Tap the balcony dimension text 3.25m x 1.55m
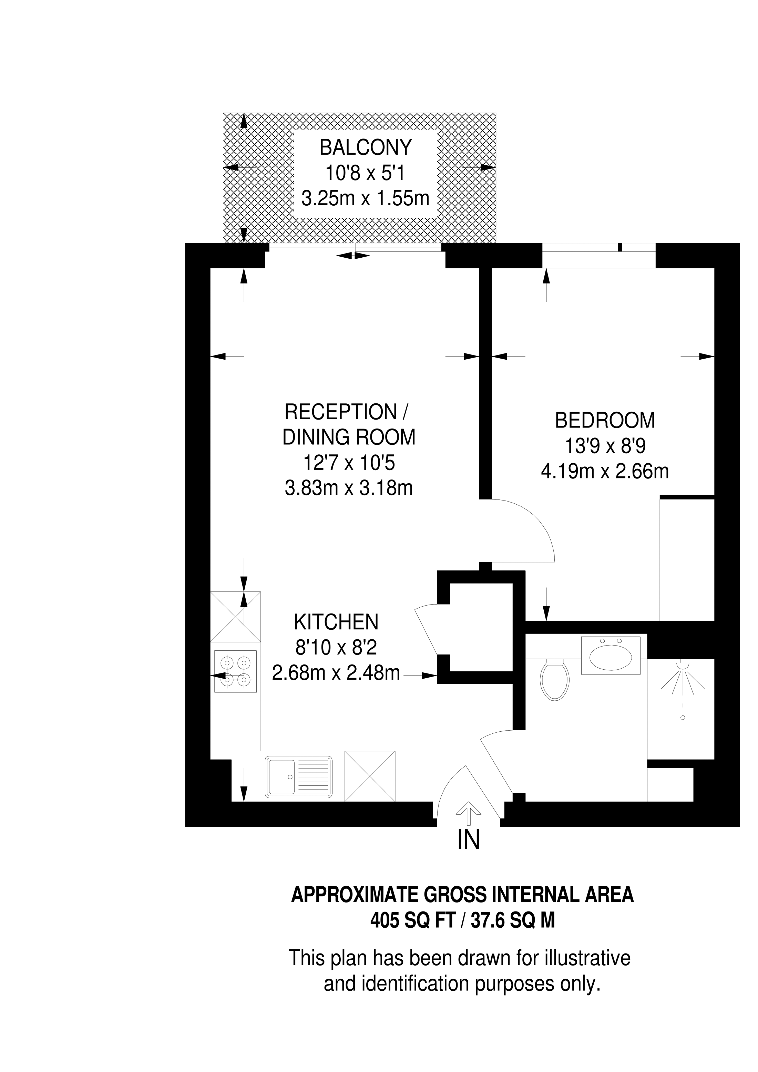[x=365, y=198]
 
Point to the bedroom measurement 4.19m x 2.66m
[x=605, y=471]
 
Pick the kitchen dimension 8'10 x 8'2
[x=336, y=648]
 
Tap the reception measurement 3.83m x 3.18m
[x=349, y=488]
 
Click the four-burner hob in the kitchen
[x=235, y=671]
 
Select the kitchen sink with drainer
[x=299, y=776]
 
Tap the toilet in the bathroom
[x=554, y=679]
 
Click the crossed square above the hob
[x=235, y=616]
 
